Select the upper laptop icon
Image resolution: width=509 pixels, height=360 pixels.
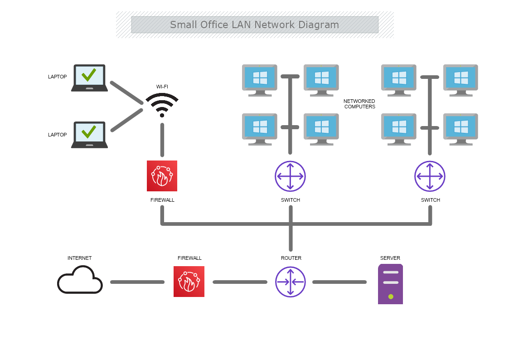pyautogui.click(x=89, y=78)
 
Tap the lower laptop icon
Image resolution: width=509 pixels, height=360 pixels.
pyautogui.click(x=89, y=135)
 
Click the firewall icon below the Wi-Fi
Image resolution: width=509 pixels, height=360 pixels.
pyautogui.click(x=162, y=176)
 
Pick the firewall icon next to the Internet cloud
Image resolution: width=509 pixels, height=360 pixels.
pyautogui.click(x=189, y=282)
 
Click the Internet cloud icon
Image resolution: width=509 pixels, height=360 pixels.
pyautogui.click(x=80, y=280)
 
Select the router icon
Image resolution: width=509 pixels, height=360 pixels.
pyautogui.click(x=291, y=282)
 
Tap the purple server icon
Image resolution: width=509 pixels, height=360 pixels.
pyautogui.click(x=390, y=284)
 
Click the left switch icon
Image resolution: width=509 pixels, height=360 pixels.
pyautogui.click(x=290, y=176)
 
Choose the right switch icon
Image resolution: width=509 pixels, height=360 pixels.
pyautogui.click(x=430, y=176)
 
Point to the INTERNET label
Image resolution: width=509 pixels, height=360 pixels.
pyautogui.click(x=80, y=258)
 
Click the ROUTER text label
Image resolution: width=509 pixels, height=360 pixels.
pyautogui.click(x=291, y=258)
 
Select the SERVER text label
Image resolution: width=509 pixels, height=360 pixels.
pyautogui.click(x=390, y=258)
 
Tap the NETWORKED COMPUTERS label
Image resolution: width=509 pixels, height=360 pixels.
pyautogui.click(x=359, y=104)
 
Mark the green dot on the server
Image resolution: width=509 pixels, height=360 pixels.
pyautogui.click(x=391, y=297)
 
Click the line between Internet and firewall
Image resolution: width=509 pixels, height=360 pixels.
pyautogui.click(x=137, y=282)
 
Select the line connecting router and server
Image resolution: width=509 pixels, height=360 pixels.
pyautogui.click(x=339, y=282)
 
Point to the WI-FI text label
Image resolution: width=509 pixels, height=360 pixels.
pyautogui.click(x=162, y=87)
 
